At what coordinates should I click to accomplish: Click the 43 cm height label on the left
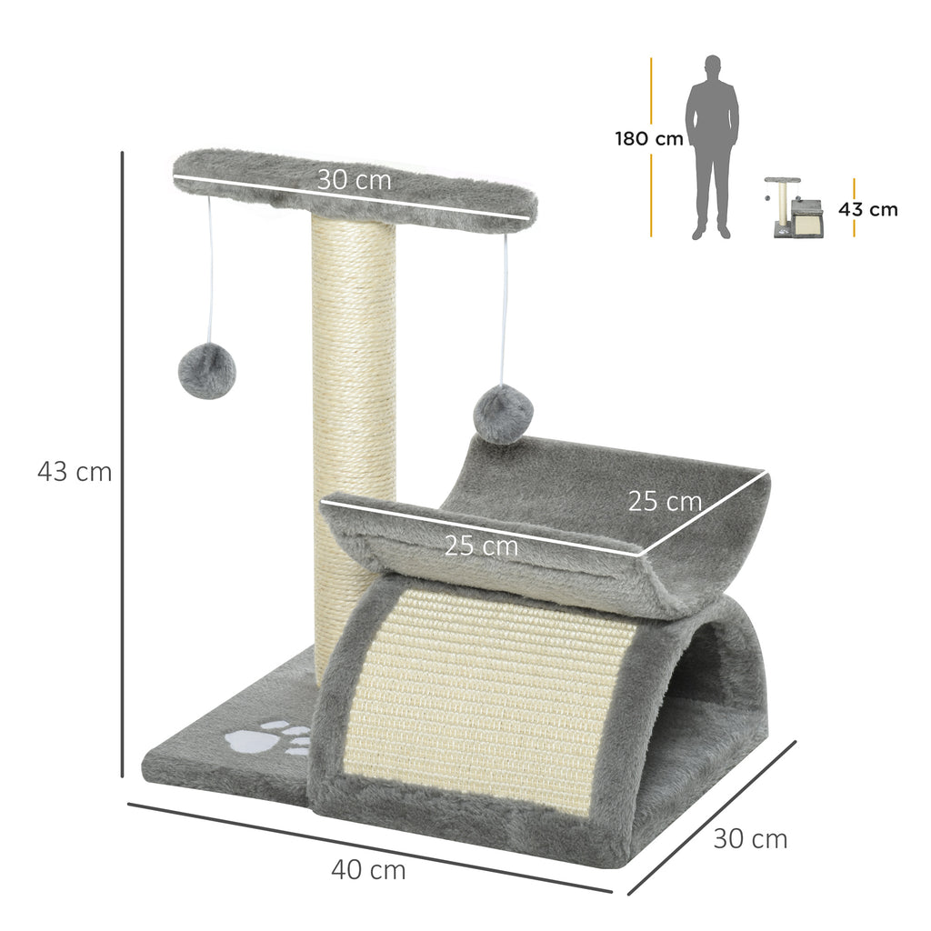click(75, 473)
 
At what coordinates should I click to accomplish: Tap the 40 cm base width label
click(368, 870)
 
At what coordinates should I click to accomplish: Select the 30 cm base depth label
click(750, 838)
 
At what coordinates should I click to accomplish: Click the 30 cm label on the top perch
click(355, 180)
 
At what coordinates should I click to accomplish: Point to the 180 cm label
click(648, 139)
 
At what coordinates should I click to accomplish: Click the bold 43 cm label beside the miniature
click(867, 209)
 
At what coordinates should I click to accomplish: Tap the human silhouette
click(712, 145)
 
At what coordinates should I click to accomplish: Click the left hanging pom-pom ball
click(206, 371)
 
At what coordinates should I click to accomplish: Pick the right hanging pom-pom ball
click(503, 414)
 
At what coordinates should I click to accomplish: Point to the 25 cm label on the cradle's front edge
click(481, 546)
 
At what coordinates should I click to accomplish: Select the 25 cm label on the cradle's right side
click(665, 501)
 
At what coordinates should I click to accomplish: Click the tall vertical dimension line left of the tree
click(122, 464)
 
